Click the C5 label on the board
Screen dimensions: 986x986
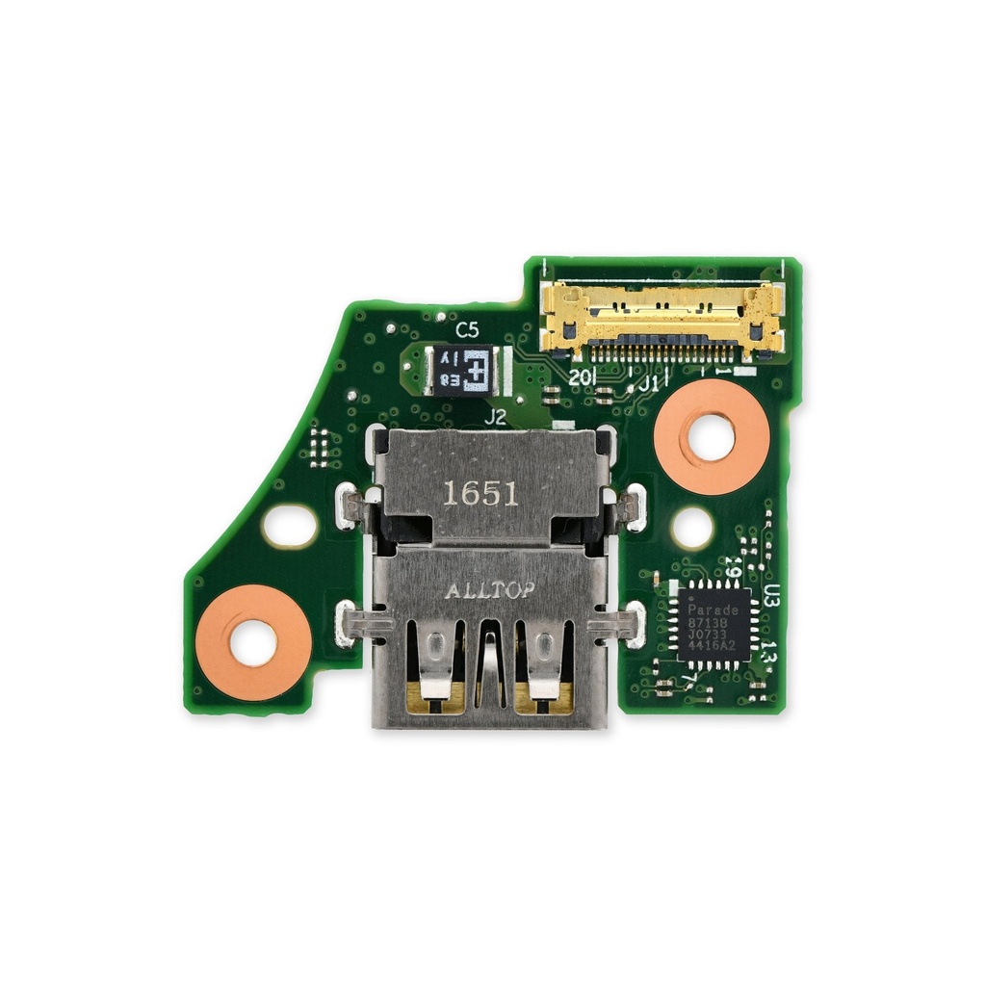click(x=467, y=330)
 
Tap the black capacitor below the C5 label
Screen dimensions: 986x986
click(x=461, y=370)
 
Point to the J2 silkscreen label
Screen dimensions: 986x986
click(x=495, y=417)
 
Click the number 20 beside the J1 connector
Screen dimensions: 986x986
click(x=580, y=378)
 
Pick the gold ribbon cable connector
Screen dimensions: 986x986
click(x=662, y=319)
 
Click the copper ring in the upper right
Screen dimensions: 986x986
click(x=711, y=436)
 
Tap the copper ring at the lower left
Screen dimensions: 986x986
click(x=254, y=641)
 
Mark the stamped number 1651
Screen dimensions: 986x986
click(x=480, y=495)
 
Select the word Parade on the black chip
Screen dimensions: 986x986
click(x=714, y=610)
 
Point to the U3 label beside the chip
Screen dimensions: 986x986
click(x=771, y=596)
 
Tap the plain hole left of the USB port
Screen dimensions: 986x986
click(x=290, y=526)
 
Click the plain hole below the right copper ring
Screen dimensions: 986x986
click(x=692, y=528)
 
